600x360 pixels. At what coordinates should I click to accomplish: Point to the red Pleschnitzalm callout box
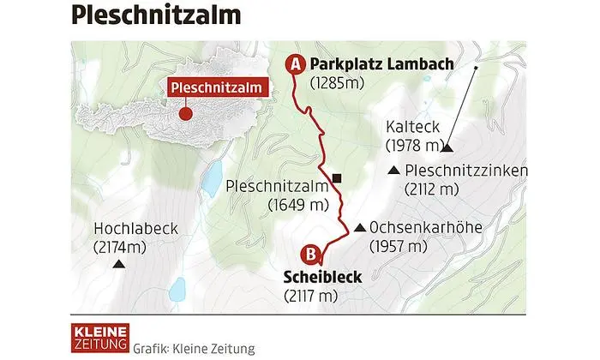click(215, 88)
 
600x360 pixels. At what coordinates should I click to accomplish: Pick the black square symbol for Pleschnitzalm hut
click(337, 179)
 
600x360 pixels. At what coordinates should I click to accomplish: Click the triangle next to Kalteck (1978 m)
click(447, 147)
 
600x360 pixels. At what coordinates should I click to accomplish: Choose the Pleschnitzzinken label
click(467, 170)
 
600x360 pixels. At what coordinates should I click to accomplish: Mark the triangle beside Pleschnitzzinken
click(393, 171)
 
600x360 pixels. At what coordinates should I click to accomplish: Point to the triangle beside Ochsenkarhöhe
click(359, 228)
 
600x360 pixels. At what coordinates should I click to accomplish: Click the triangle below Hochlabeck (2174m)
click(117, 265)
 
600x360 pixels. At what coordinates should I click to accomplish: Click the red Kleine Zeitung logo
click(99, 337)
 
